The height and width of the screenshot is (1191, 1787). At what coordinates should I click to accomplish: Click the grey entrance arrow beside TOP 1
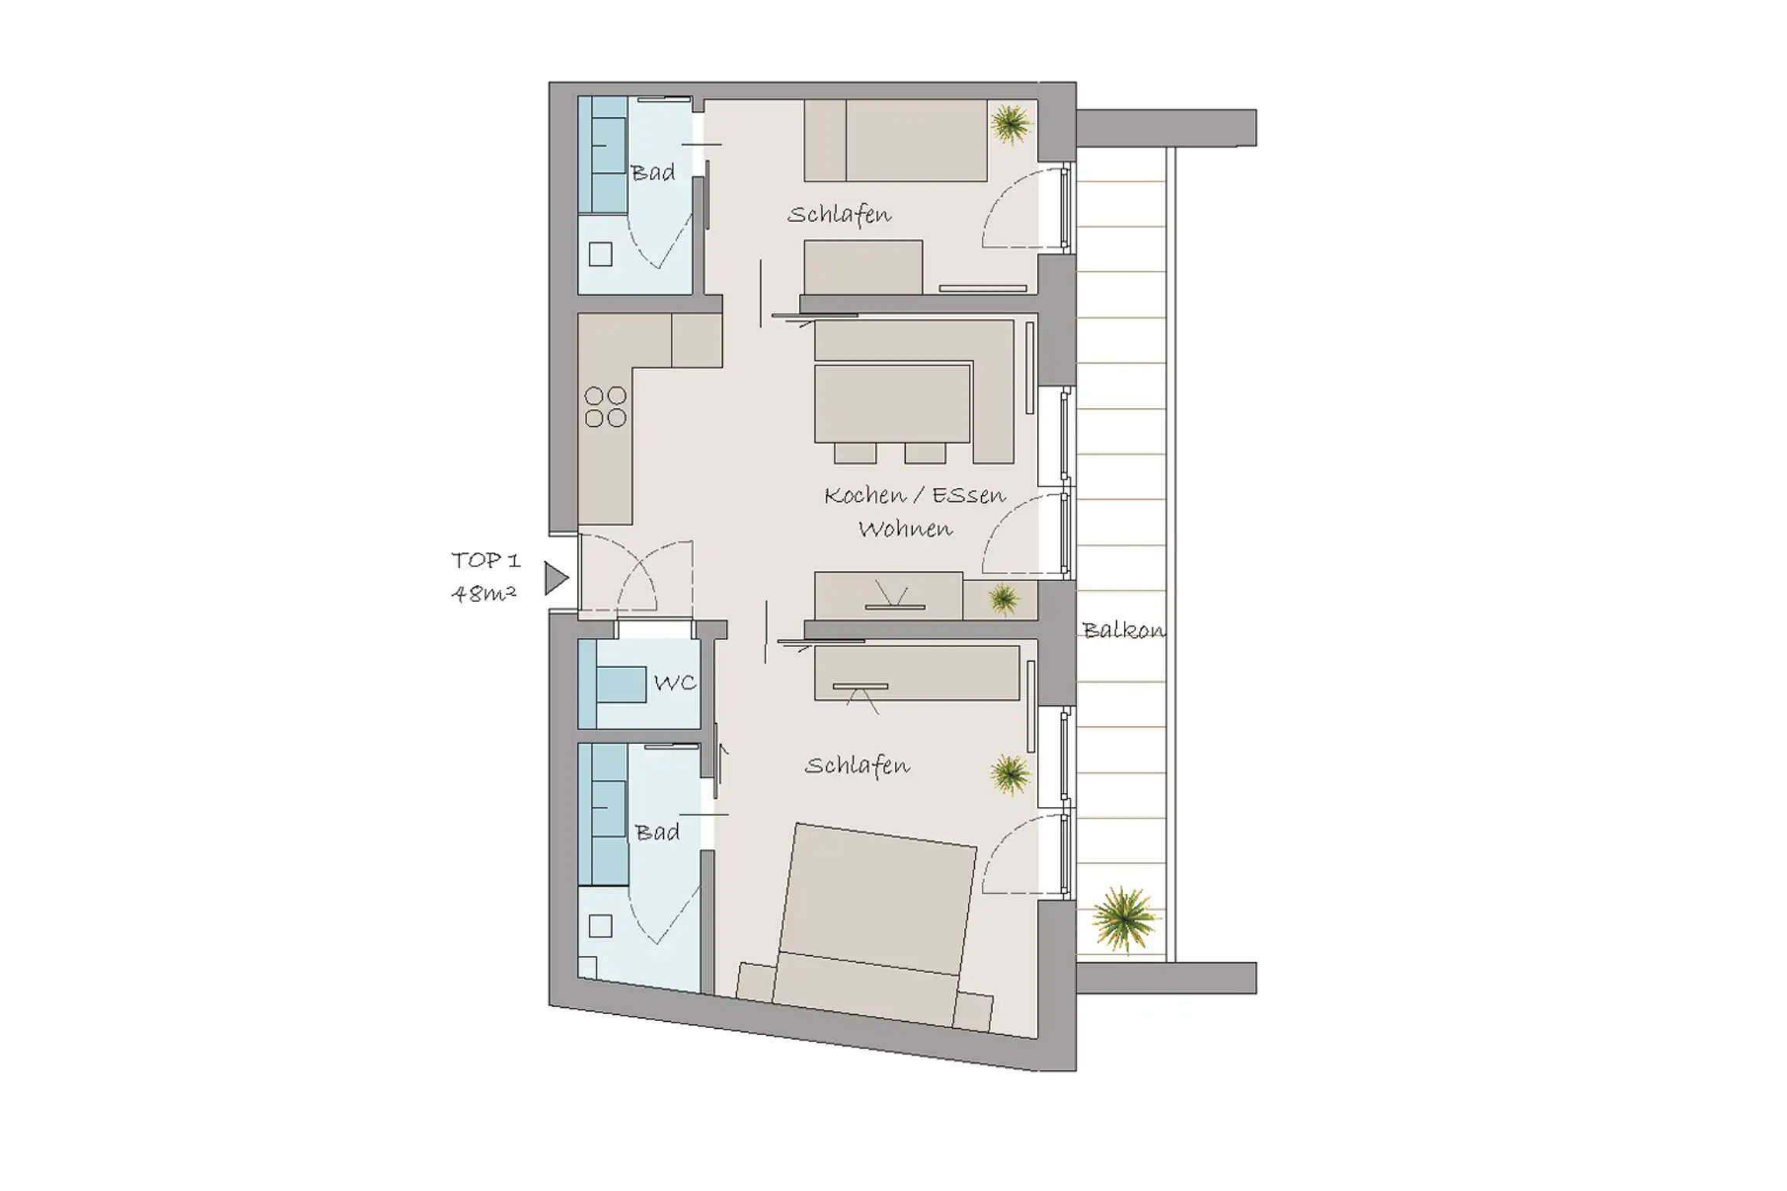(x=555, y=578)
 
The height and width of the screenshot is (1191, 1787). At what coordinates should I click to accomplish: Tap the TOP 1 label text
(x=486, y=559)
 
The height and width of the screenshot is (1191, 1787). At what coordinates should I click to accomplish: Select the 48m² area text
(x=484, y=594)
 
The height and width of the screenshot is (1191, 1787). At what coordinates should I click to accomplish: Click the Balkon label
(x=1123, y=630)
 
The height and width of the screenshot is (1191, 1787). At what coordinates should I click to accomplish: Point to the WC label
(x=675, y=683)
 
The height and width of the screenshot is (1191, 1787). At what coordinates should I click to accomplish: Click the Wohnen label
(x=905, y=529)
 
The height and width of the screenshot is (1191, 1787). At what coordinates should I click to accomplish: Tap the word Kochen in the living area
(x=865, y=495)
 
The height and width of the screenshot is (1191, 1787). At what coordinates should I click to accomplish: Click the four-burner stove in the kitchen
(x=606, y=407)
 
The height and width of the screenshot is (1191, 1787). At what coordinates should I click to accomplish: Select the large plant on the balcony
(x=1123, y=919)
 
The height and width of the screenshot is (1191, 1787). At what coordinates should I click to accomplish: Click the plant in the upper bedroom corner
(x=1011, y=124)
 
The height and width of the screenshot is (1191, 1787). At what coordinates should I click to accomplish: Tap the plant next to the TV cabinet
(x=1004, y=599)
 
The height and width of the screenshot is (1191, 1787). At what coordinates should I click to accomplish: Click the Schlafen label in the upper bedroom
(x=839, y=214)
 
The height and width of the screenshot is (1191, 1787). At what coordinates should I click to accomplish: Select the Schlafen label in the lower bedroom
(x=857, y=766)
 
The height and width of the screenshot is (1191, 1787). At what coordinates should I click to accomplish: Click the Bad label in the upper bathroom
(x=653, y=172)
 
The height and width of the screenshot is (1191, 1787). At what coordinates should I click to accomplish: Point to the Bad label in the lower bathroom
(x=657, y=833)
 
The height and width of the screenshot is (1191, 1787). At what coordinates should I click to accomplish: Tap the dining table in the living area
(x=892, y=403)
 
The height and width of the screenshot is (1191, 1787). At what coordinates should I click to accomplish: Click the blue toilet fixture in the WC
(x=620, y=684)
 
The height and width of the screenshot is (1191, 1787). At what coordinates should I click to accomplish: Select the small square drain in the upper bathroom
(x=600, y=254)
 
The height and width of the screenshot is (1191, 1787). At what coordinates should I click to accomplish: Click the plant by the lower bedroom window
(x=1011, y=774)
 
